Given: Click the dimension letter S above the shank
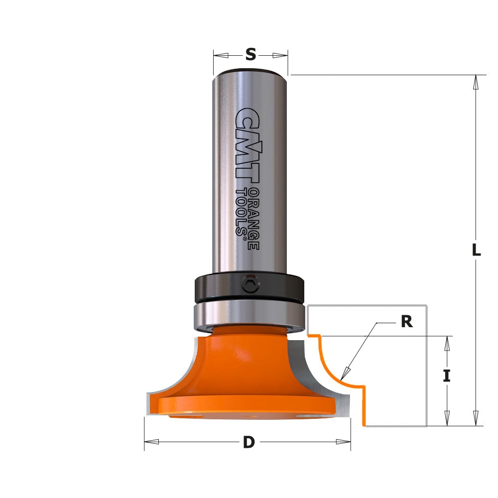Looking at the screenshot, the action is [x=250, y=54].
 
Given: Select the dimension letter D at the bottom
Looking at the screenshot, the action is [x=249, y=442].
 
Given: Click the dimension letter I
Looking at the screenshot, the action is [x=447, y=376].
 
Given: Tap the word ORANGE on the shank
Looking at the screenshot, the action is [x=254, y=219].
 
